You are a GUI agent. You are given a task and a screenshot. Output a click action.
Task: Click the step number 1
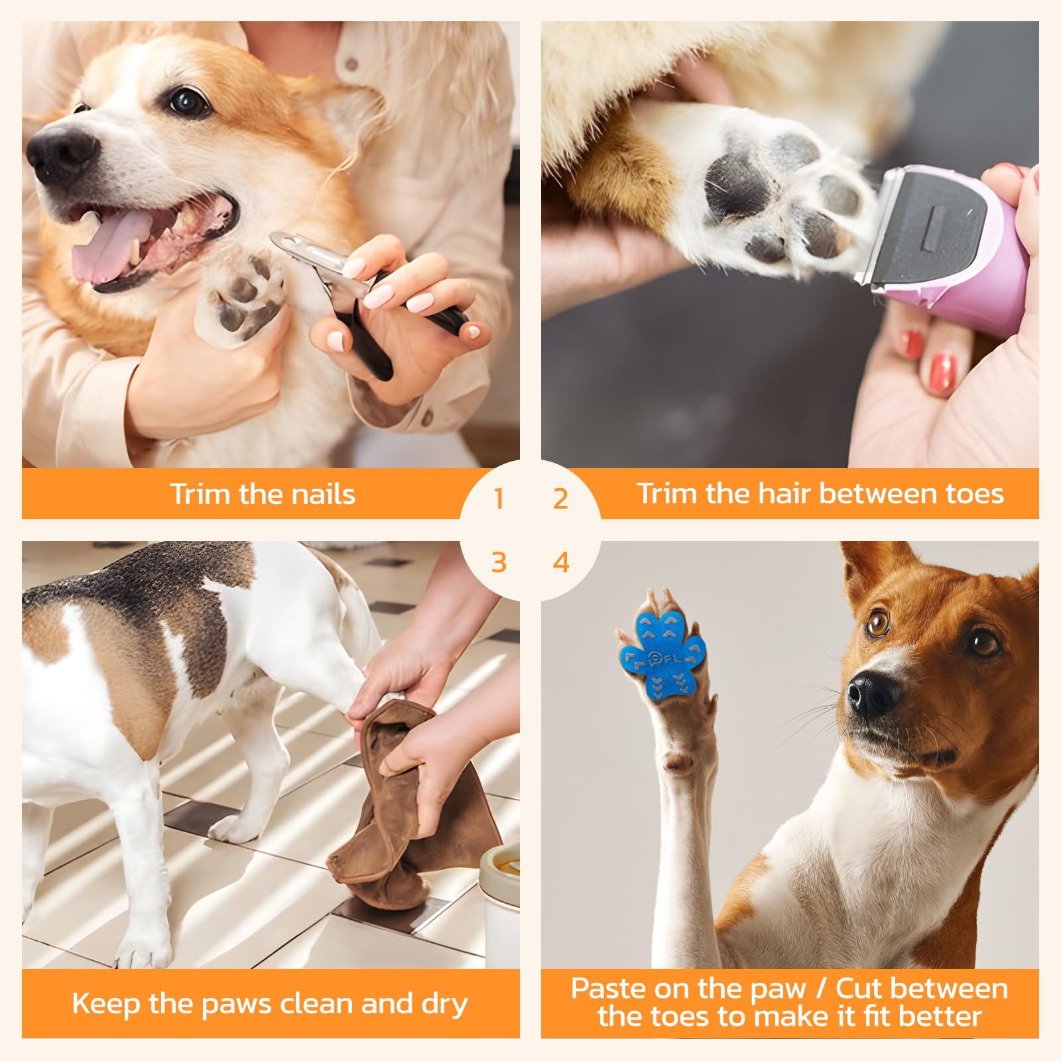click(x=499, y=499)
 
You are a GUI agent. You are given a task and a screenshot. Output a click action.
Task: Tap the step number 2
click(x=561, y=499)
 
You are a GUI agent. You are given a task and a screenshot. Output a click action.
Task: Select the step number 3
click(x=499, y=562)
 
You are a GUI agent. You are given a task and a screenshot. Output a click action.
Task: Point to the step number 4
click(x=561, y=562)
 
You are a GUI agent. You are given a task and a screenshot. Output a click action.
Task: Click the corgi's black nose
click(x=60, y=153)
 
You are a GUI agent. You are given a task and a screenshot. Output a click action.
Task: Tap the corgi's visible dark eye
click(x=188, y=101)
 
